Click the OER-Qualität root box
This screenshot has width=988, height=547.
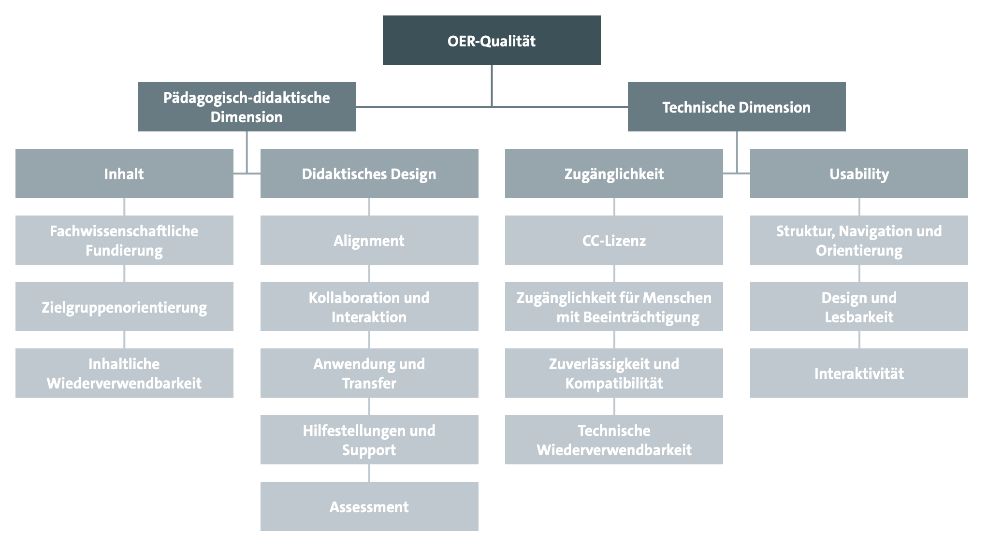point(492,40)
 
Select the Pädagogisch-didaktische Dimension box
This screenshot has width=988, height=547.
point(247,107)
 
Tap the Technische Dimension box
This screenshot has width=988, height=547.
point(737,107)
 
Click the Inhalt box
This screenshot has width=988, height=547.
point(124,173)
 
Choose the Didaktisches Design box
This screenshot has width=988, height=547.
point(369,173)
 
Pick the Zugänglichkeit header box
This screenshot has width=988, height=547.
point(614,173)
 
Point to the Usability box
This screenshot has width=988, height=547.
point(859,173)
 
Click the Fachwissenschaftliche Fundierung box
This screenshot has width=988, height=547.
point(124,240)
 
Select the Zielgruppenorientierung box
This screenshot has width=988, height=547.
point(124,306)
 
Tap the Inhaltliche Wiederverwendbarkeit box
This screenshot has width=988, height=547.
point(124,373)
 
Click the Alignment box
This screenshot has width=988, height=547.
point(369,240)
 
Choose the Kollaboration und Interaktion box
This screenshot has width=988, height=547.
point(369,306)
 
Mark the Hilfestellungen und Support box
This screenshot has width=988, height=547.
point(369,440)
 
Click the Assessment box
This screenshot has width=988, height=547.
point(369,506)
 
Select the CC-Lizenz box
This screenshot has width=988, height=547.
point(614,240)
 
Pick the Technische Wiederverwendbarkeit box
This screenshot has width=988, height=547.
point(614,440)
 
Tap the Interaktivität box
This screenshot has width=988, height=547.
point(859,373)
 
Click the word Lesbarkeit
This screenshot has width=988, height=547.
point(859,317)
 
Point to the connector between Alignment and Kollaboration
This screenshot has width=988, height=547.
point(369,273)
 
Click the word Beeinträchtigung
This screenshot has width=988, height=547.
point(627,317)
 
